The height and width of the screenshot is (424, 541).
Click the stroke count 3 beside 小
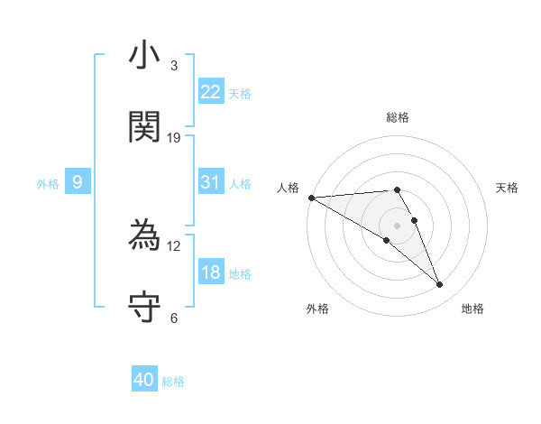(174, 66)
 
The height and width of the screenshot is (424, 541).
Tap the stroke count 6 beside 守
(174, 318)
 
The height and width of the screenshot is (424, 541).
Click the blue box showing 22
(210, 92)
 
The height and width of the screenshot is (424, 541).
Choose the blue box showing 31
(210, 182)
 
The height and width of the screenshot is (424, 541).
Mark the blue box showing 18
(210, 272)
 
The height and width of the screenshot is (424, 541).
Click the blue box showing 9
(78, 183)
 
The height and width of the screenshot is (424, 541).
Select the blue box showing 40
(144, 380)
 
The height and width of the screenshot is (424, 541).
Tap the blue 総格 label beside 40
(173, 382)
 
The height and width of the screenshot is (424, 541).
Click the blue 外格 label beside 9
(48, 184)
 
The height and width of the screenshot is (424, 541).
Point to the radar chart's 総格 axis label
(398, 117)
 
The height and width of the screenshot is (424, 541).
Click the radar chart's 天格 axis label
(508, 188)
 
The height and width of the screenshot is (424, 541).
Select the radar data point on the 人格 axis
(311, 198)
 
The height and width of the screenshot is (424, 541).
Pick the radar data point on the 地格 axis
(439, 285)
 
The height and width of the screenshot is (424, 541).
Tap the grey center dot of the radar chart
(397, 225)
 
